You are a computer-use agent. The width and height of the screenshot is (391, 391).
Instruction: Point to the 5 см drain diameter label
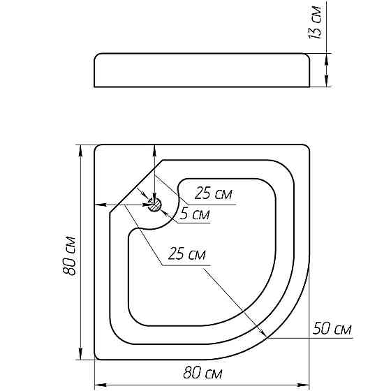point(193,215)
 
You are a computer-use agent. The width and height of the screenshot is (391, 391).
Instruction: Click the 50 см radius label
point(333,328)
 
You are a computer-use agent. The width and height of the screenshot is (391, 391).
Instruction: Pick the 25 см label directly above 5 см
point(213,193)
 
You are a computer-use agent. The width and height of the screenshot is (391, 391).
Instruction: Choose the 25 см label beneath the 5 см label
point(186,256)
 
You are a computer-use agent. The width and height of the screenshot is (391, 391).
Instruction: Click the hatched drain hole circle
point(155,204)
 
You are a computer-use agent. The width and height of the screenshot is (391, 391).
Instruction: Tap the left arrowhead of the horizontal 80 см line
point(98,385)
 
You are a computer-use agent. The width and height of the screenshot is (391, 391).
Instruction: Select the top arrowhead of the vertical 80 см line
point(82,149)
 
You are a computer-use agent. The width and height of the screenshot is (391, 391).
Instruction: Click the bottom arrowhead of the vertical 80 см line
point(82,356)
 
